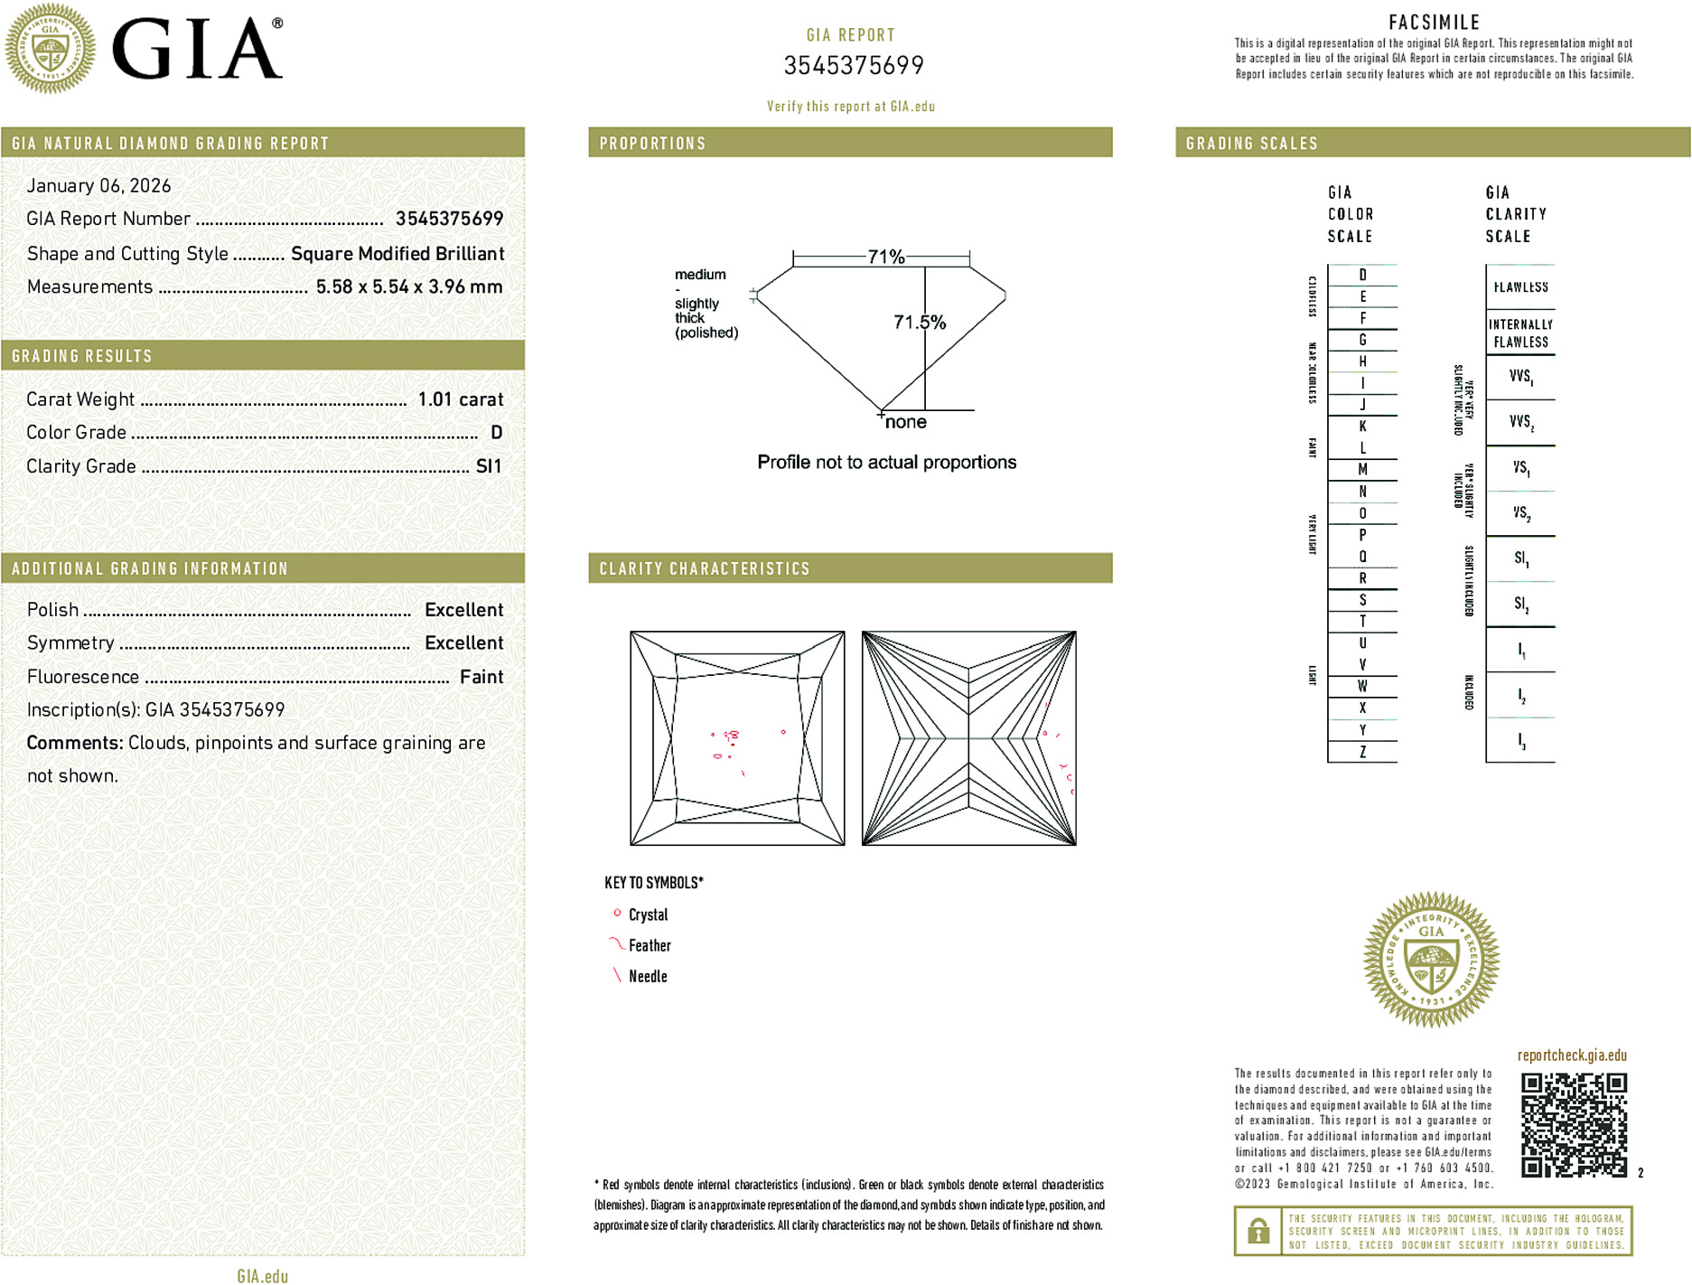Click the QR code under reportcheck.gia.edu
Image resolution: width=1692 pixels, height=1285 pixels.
tap(1573, 1124)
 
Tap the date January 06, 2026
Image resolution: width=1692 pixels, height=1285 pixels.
tap(98, 185)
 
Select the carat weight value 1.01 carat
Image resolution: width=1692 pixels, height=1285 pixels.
tap(460, 399)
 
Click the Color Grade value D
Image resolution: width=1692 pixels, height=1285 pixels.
tap(496, 433)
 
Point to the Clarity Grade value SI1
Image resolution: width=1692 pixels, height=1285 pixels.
tap(488, 466)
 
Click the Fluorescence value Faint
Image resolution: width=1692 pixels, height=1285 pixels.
tap(481, 677)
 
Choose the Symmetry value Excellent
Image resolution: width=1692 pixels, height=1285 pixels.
tap(463, 643)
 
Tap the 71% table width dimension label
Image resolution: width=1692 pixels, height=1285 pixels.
tap(885, 257)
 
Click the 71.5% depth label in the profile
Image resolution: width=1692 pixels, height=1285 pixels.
tap(919, 323)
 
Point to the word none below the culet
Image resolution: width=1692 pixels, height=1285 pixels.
tap(905, 422)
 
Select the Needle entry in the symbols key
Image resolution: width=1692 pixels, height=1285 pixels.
tap(647, 976)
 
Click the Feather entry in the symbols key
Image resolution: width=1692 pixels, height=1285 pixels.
tap(649, 945)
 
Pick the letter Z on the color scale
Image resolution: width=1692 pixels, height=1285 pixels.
tap(1362, 752)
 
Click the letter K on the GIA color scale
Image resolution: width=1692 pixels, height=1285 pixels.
tap(1362, 427)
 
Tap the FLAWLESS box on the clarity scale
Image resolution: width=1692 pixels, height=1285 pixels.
tap(1520, 287)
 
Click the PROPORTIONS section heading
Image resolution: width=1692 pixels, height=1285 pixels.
tap(652, 144)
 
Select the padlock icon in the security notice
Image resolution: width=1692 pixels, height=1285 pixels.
tap(1257, 1231)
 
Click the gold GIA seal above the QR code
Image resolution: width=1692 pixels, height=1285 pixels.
tap(1431, 960)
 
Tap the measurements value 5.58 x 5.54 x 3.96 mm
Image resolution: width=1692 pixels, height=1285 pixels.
tap(408, 287)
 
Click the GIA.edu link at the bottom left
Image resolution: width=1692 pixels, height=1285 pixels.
tap(262, 1275)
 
